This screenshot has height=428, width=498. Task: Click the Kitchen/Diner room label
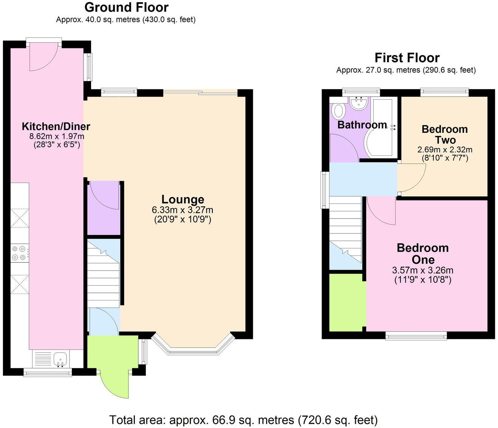click(56, 126)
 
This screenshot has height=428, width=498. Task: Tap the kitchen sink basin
click(60, 359)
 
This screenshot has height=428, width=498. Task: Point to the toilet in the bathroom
click(338, 111)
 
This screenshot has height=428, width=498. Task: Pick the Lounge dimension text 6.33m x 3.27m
click(182, 210)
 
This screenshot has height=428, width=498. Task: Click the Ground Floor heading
click(126, 8)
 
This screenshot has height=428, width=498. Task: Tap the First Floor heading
click(407, 58)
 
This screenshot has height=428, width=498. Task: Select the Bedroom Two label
click(445, 135)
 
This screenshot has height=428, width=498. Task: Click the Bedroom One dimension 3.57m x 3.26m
click(422, 270)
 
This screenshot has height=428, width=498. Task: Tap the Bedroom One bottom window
click(416, 336)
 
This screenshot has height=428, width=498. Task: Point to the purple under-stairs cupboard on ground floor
click(104, 208)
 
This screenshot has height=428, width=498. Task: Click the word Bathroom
click(362, 125)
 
